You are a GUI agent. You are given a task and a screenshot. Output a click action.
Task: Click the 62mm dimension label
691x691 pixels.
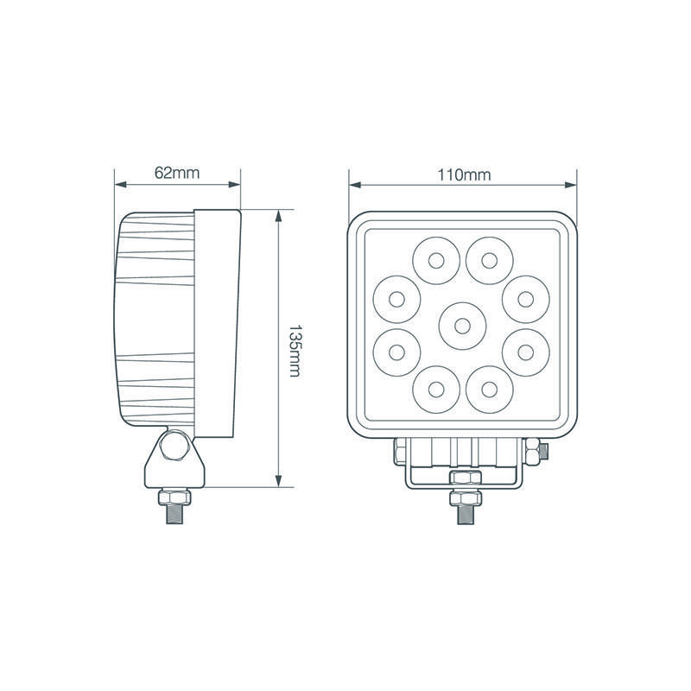(x=177, y=172)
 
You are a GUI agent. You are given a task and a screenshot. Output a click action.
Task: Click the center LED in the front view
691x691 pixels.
(x=462, y=325)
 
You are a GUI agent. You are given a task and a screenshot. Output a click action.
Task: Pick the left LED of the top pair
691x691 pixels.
(x=436, y=259)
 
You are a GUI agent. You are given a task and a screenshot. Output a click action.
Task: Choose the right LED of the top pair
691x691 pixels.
(x=490, y=259)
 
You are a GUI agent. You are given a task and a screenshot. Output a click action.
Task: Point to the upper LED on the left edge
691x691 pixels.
(x=397, y=298)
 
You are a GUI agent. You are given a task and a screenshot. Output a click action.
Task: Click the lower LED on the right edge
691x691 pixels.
(x=527, y=351)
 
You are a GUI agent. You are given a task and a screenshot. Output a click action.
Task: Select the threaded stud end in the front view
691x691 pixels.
(x=463, y=510)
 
